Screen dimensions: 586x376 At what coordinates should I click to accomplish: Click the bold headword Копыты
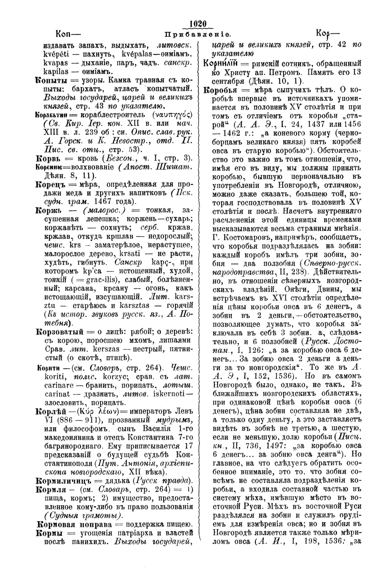pos(51,81)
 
